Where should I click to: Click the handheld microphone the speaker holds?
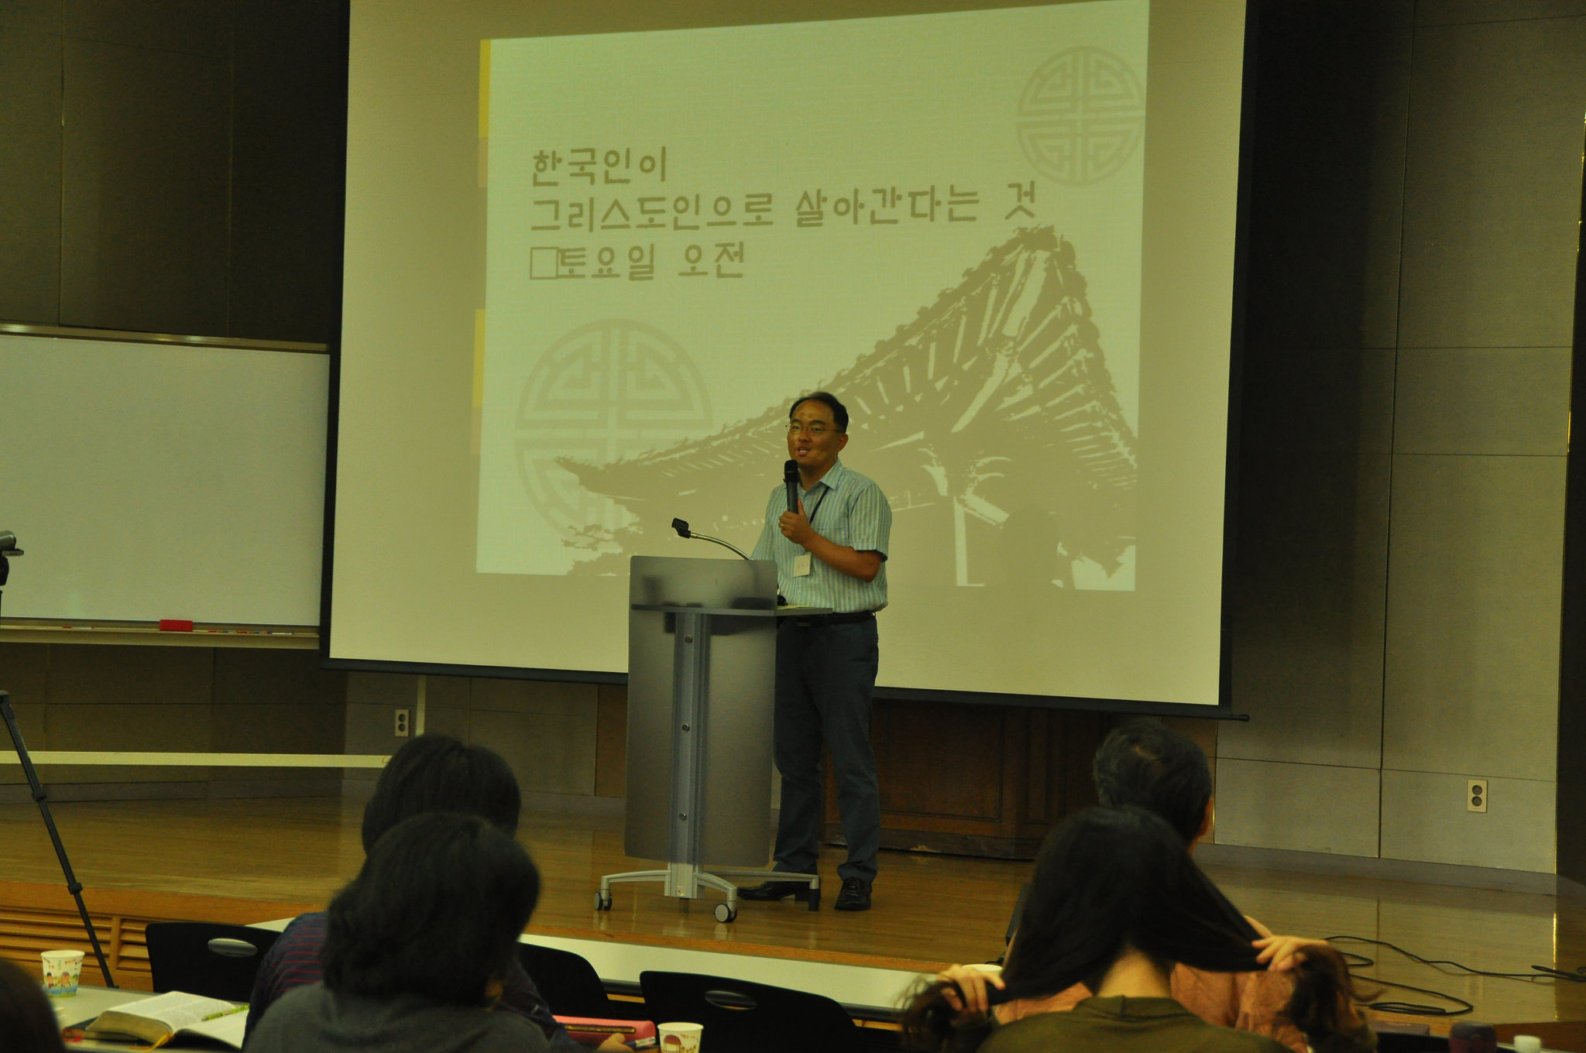pyautogui.click(x=791, y=485)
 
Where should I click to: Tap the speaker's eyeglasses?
pyautogui.click(x=812, y=427)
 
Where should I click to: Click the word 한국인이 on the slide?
pyautogui.click(x=598, y=166)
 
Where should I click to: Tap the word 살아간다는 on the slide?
pyautogui.click(x=886, y=208)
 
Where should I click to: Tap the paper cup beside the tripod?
pyautogui.click(x=62, y=972)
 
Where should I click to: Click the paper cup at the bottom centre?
pyautogui.click(x=679, y=1037)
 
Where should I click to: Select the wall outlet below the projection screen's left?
pyautogui.click(x=401, y=722)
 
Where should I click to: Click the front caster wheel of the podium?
pyautogui.click(x=725, y=911)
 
